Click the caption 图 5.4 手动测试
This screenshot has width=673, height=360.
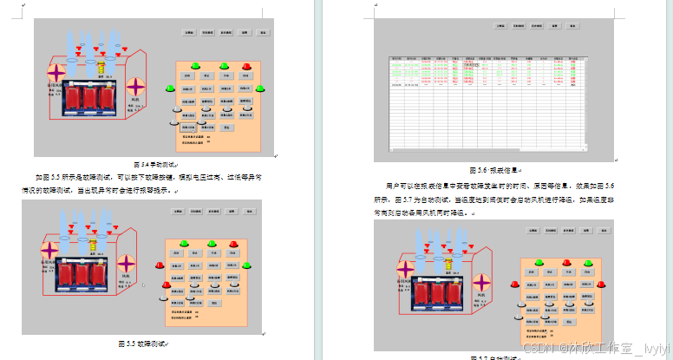(155, 164)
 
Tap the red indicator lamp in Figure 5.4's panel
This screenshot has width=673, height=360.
(247, 67)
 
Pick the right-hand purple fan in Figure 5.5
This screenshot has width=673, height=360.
(127, 263)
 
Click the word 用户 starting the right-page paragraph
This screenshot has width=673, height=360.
(392, 186)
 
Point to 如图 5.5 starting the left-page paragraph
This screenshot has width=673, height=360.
(46, 176)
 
